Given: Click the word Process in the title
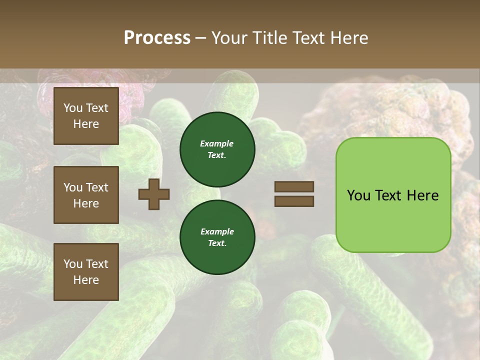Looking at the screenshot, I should coord(157,38).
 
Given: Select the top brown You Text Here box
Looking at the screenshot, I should coord(86,116).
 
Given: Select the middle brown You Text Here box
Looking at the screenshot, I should coord(86,195).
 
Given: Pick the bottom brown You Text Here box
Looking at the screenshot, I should coord(86,272).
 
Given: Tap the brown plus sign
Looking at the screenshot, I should coord(154,194).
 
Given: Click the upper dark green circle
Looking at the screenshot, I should coord(217,149).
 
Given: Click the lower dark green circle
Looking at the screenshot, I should coord(217,237).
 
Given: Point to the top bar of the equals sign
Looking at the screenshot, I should coord(294,187).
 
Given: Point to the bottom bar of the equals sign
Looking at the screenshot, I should coord(294,201).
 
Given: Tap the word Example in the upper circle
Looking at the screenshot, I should coord(217,143).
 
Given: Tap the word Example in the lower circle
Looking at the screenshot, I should coord(217,231).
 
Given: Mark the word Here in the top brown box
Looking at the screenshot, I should coord(86,124).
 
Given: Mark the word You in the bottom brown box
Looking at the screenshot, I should coord(73,264).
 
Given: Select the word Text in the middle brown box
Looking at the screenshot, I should coord(96,187).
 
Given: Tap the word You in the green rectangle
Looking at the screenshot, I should coord(358,195).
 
